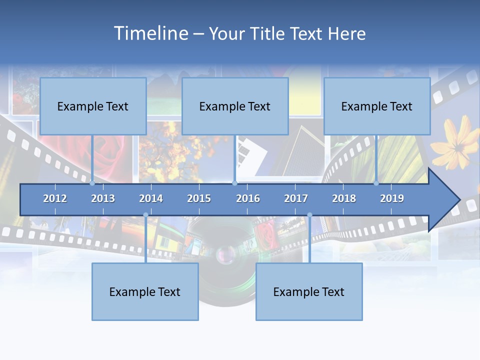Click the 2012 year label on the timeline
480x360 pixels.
(x=55, y=198)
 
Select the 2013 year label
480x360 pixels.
(x=103, y=198)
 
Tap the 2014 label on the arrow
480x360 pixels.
(x=151, y=198)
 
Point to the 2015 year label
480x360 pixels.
(x=199, y=198)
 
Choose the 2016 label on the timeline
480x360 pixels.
(x=248, y=198)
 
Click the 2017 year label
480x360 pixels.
(x=296, y=198)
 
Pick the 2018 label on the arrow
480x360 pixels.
(x=344, y=198)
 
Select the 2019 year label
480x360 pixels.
(x=392, y=198)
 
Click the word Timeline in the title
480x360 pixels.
(x=150, y=33)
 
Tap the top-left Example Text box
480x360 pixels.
(x=93, y=106)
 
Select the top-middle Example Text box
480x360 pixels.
(x=235, y=106)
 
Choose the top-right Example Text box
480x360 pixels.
(x=377, y=106)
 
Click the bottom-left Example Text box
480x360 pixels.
(x=145, y=291)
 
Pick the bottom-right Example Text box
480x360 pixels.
(x=309, y=291)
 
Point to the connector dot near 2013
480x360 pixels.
(x=92, y=183)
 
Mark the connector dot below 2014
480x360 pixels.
(x=145, y=215)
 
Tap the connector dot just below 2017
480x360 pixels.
(x=309, y=215)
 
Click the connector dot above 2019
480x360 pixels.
(x=376, y=183)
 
